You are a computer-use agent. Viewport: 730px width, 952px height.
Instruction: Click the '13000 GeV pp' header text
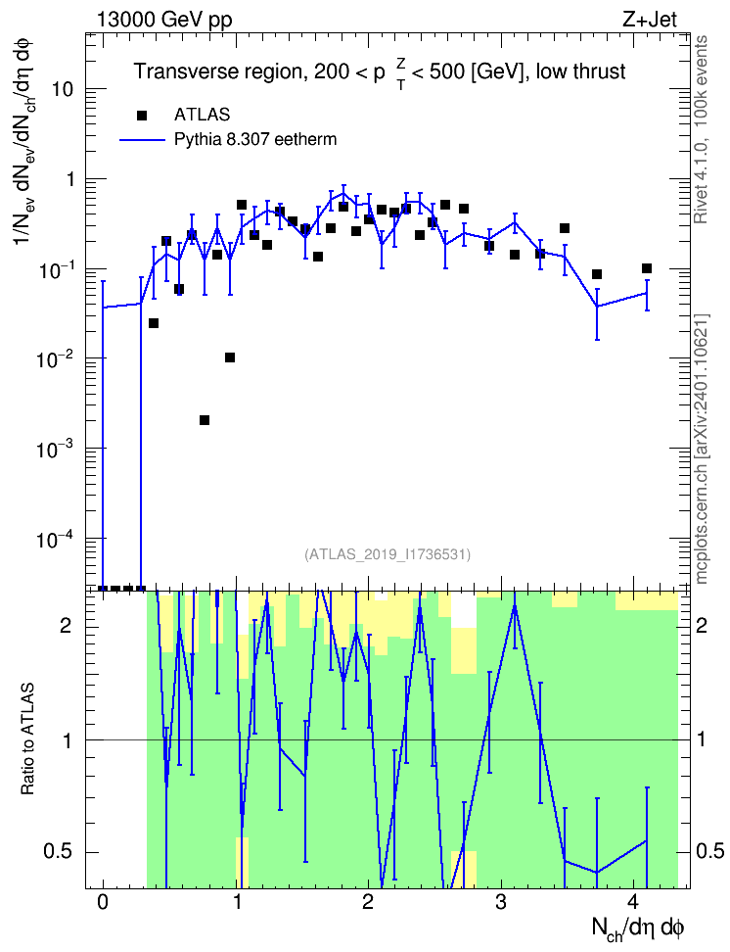pyautogui.click(x=164, y=20)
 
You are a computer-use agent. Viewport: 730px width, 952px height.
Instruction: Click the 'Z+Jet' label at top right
pyautogui.click(x=650, y=20)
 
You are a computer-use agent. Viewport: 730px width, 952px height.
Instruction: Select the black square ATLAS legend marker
pyautogui.click(x=142, y=115)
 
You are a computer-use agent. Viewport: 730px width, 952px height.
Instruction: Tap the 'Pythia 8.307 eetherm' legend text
pyautogui.click(x=255, y=140)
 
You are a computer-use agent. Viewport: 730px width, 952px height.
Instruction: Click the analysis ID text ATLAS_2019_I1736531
pyautogui.click(x=388, y=553)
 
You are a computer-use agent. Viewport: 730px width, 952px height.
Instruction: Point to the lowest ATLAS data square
pyautogui.click(x=205, y=420)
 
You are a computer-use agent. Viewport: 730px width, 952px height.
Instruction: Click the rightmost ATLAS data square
pyautogui.click(x=647, y=268)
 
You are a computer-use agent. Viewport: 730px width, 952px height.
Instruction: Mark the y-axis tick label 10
pyautogui.click(x=62, y=90)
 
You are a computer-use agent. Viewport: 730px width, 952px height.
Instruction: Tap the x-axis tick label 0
pyautogui.click(x=103, y=901)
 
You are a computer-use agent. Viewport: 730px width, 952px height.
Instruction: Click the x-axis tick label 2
pyautogui.click(x=368, y=901)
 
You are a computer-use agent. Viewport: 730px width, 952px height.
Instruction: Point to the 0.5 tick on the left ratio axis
pyautogui.click(x=59, y=852)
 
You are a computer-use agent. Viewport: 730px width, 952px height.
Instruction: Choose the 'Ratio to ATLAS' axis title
pyautogui.click(x=28, y=738)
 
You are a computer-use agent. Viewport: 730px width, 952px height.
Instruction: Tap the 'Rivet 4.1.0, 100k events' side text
pyautogui.click(x=701, y=129)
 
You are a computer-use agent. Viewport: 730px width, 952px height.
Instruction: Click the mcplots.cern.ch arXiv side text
pyautogui.click(x=702, y=449)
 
